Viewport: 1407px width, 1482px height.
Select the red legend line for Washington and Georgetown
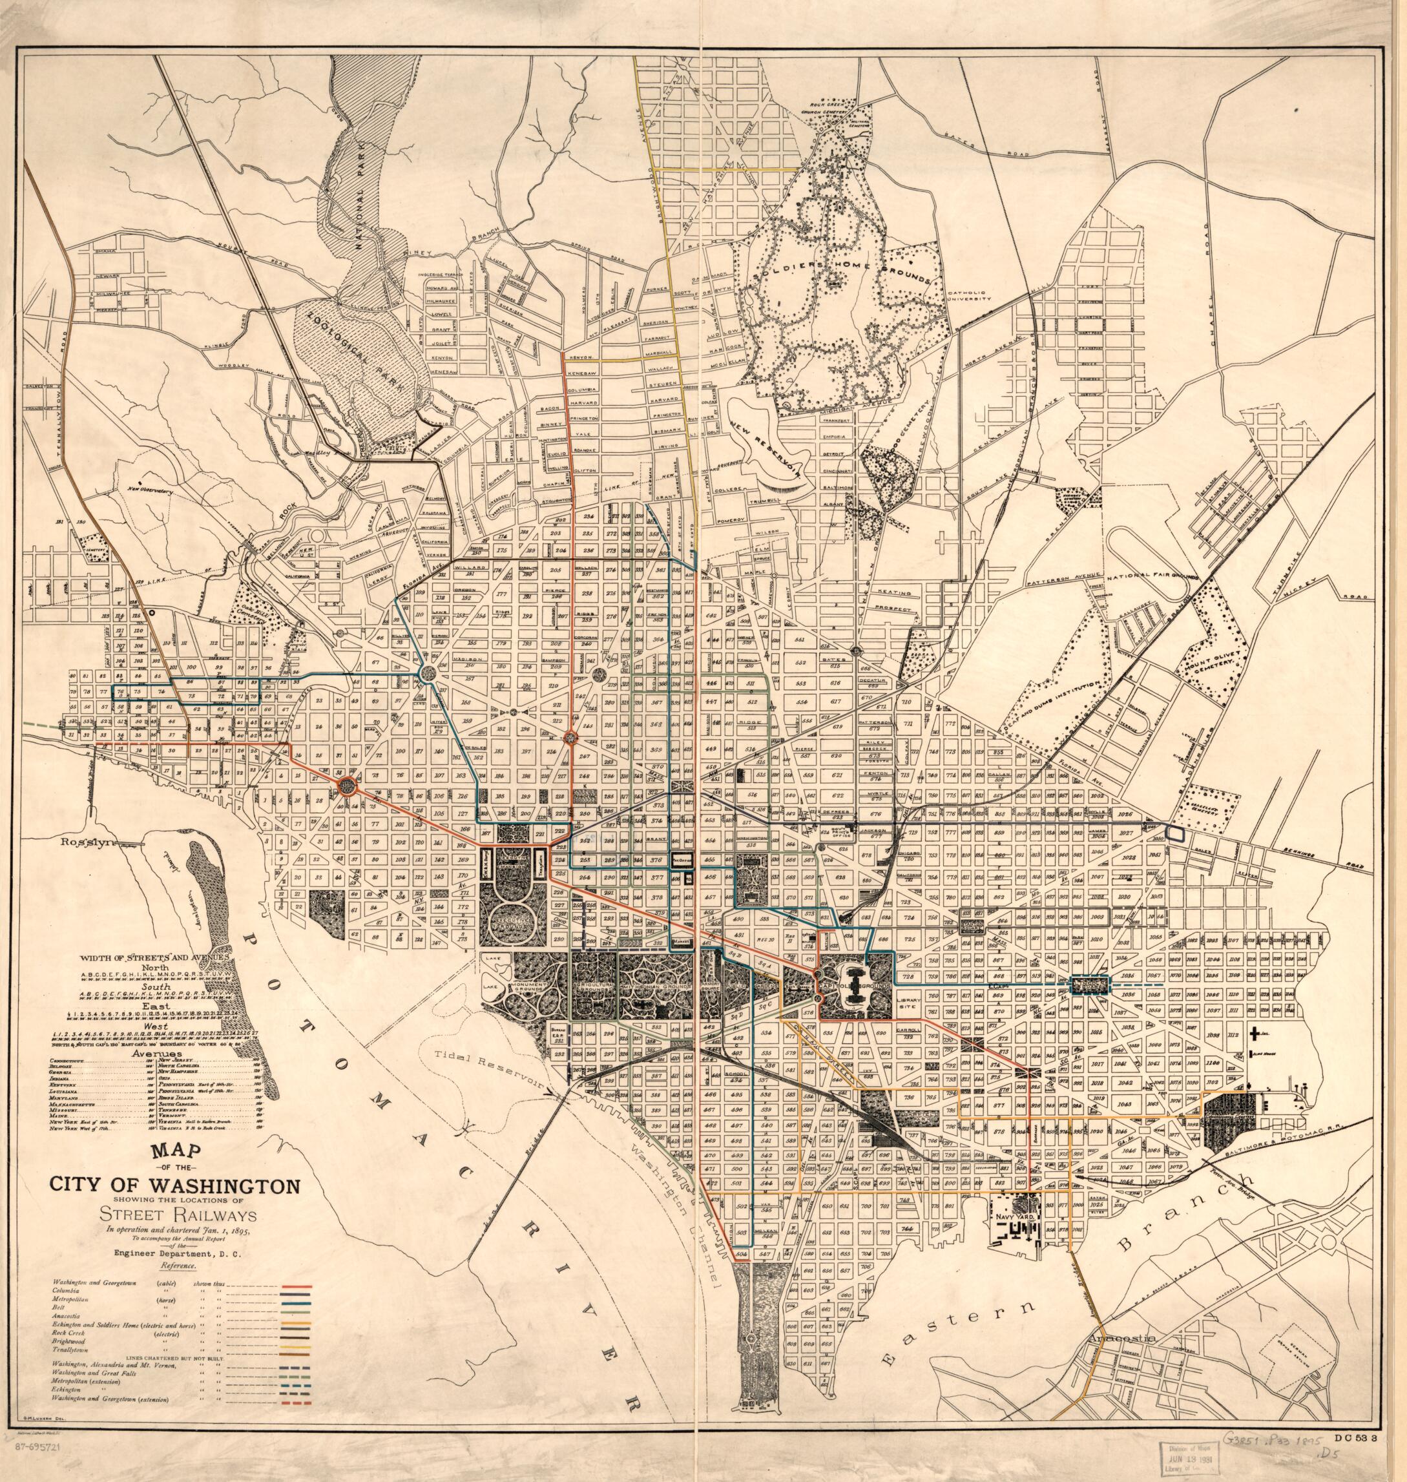point(295,1286)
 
